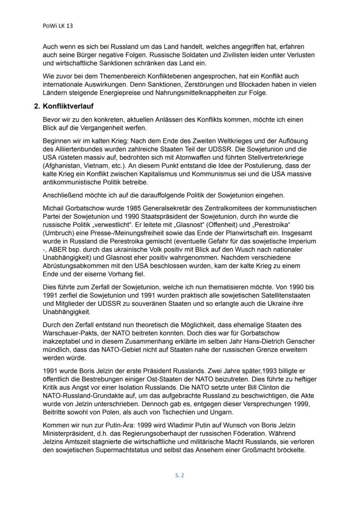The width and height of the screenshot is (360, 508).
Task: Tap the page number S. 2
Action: point(180,475)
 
